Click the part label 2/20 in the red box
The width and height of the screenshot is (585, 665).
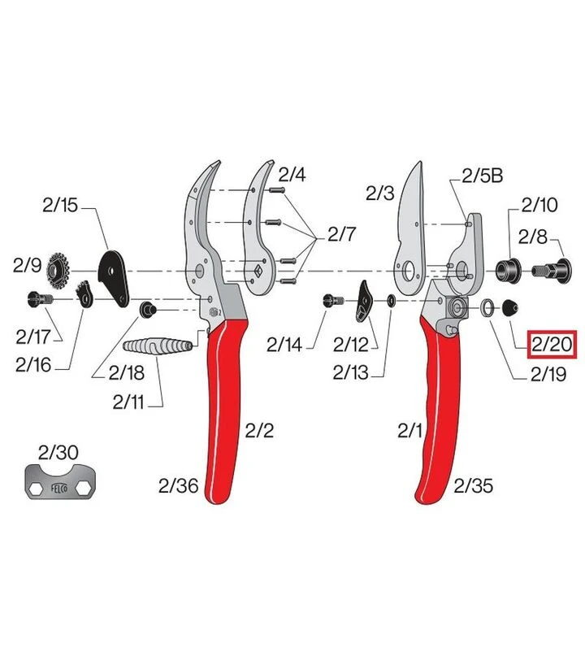click(x=552, y=344)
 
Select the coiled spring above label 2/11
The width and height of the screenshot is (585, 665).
click(x=158, y=346)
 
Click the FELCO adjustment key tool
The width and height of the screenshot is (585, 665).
click(x=60, y=481)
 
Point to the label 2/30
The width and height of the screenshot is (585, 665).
click(x=58, y=453)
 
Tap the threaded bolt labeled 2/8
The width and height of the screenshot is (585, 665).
click(x=552, y=270)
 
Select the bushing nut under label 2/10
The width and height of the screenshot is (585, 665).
click(x=508, y=270)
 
